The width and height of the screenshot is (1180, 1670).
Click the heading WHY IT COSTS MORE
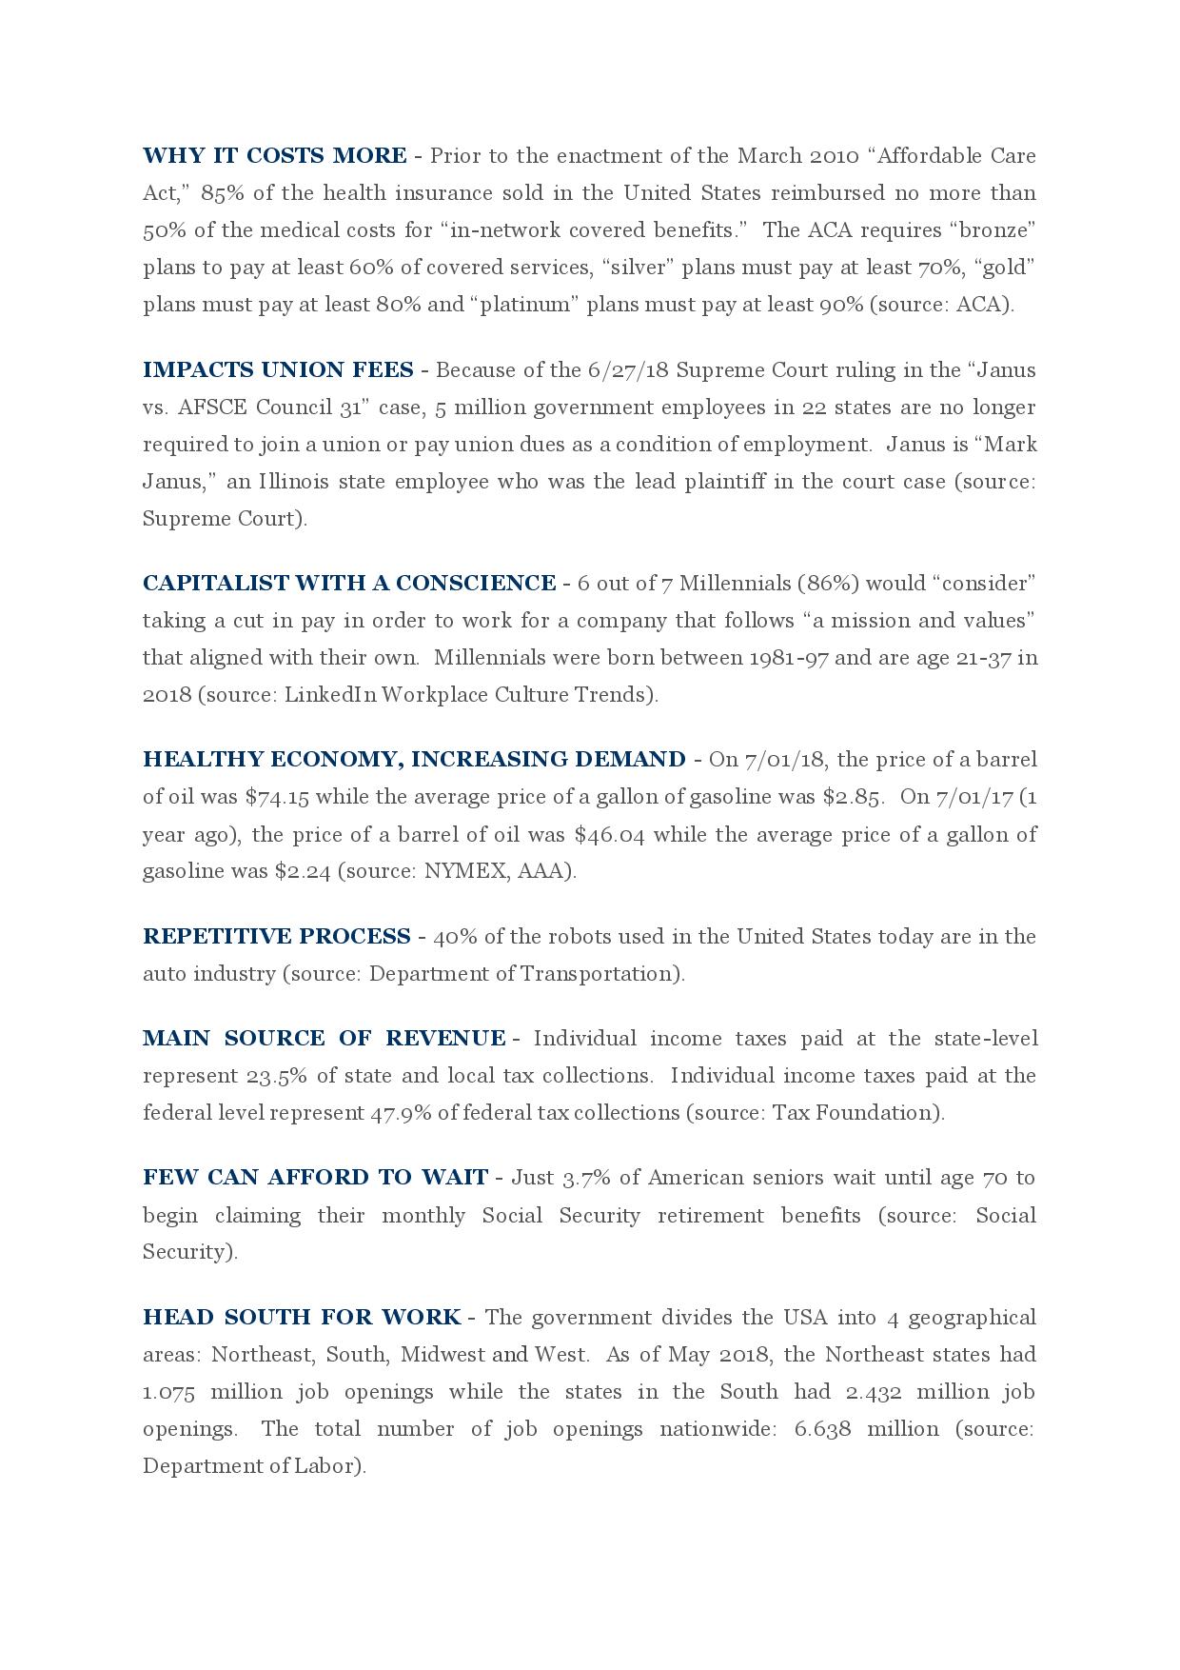tap(274, 155)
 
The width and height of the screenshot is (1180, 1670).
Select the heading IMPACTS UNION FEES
tap(278, 369)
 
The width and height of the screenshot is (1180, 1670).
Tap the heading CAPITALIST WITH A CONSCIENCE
tap(349, 583)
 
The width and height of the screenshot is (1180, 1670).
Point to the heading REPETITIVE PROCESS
tap(277, 936)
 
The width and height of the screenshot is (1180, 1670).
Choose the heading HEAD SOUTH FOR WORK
tap(302, 1317)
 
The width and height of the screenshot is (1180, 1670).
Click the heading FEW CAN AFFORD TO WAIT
tap(315, 1177)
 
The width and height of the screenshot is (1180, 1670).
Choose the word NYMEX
tap(465, 871)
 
